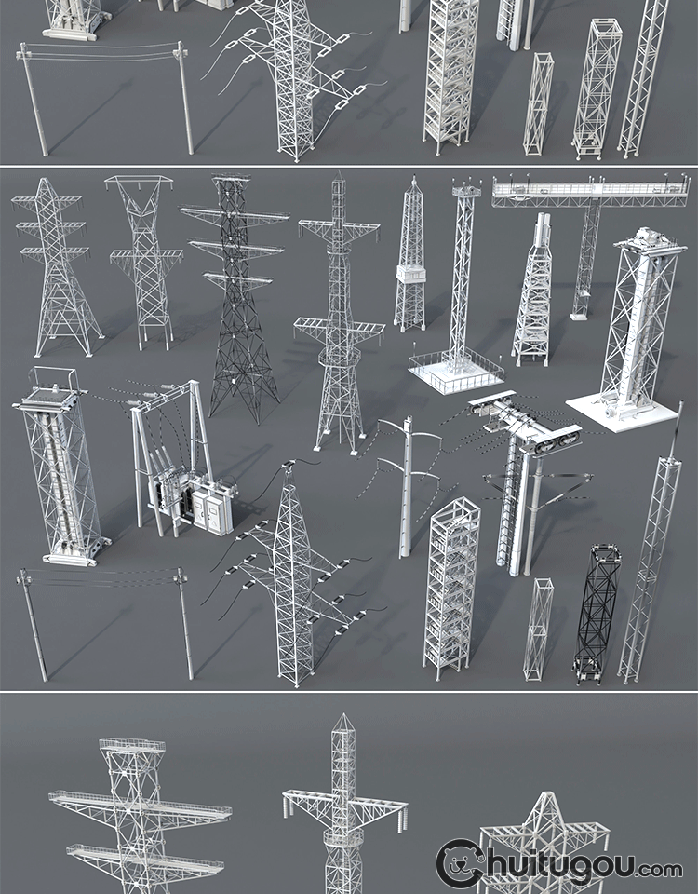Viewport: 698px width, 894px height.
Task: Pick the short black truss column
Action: [x=596, y=614]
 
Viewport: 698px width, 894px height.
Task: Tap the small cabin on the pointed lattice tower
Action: [x=410, y=274]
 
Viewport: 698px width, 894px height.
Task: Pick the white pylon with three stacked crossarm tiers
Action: [x=56, y=267]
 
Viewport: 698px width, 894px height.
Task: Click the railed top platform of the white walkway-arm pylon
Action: [x=132, y=746]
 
